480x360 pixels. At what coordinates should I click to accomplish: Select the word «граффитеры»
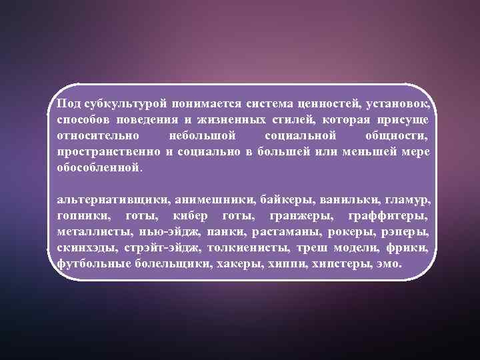(x=389, y=215)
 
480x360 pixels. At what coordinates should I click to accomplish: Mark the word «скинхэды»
(x=87, y=247)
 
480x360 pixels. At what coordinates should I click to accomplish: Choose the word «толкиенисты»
(x=249, y=247)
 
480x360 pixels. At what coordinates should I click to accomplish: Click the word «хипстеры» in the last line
(x=345, y=263)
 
